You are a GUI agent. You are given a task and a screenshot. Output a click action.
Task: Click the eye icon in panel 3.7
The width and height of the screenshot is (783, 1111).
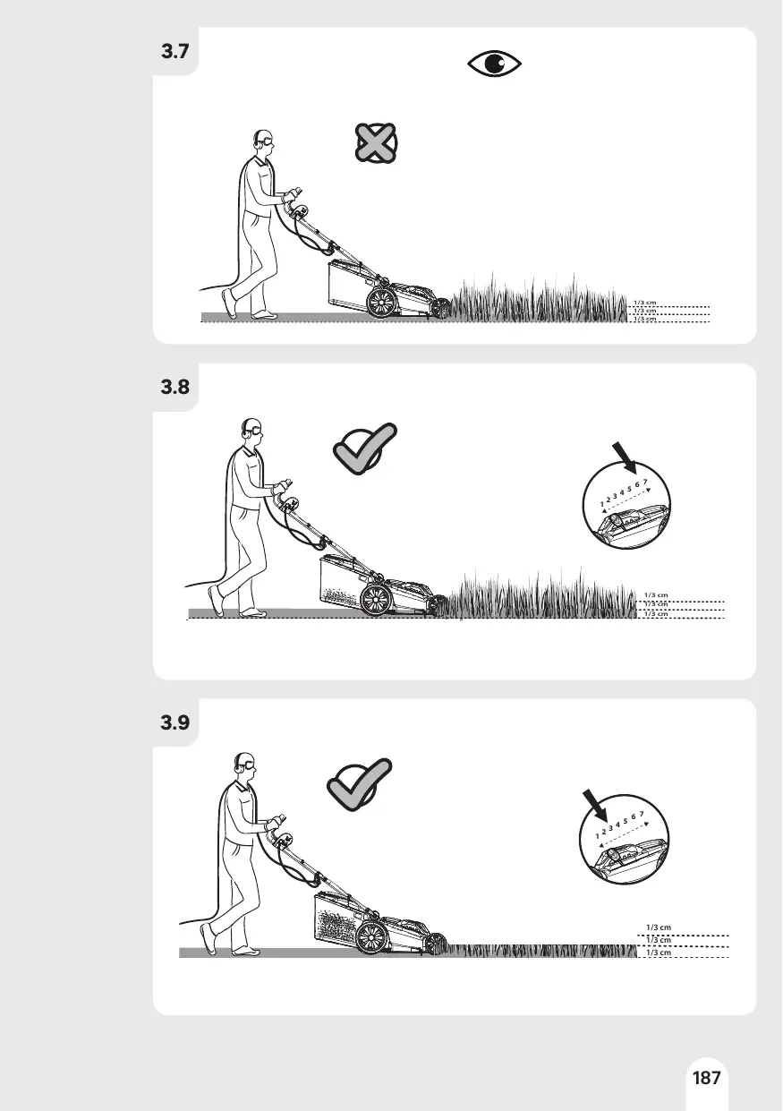coord(494,64)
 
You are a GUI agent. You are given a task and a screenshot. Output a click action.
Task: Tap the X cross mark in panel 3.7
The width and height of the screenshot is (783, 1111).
coord(377,143)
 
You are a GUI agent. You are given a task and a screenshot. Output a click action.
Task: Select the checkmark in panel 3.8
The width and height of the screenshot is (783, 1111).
coord(365,449)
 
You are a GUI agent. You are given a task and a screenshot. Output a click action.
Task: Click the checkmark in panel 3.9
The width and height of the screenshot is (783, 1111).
coord(360,784)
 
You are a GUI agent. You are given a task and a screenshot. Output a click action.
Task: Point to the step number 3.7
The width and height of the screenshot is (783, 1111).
coord(175,51)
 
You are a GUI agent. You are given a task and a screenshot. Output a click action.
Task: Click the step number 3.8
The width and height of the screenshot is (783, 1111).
coord(175,387)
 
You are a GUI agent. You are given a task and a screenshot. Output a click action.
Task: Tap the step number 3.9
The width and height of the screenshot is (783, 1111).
coord(175,722)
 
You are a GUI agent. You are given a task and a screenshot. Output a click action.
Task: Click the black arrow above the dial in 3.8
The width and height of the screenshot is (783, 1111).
coord(625,457)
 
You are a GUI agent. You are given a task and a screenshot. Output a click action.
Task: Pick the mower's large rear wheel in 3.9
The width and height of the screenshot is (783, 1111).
coord(371,936)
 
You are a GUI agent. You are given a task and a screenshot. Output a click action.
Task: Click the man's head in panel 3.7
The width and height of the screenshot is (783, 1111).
coord(263,141)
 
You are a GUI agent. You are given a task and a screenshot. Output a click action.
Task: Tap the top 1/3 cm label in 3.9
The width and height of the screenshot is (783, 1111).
coord(659,927)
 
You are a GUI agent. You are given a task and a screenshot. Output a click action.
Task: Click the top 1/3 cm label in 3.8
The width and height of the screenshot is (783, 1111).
coord(656,594)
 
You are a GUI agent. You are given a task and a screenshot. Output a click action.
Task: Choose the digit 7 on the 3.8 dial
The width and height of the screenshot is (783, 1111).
coord(645,482)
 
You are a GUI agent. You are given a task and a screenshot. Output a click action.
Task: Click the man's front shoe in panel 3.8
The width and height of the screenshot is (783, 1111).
coord(216,601)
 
